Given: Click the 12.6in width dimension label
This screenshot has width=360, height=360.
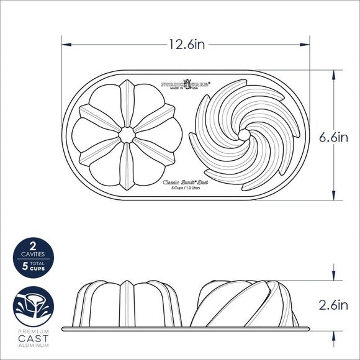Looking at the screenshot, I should (187, 45).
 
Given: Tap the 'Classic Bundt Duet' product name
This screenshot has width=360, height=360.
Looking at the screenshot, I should (186, 182).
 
